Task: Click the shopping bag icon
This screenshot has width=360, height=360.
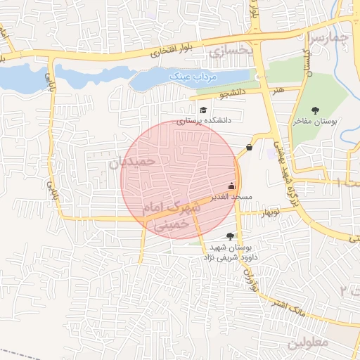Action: click(x=250, y=148)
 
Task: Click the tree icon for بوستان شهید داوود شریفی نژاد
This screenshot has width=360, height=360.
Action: click(x=230, y=236)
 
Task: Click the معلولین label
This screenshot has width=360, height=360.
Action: click(x=324, y=342)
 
